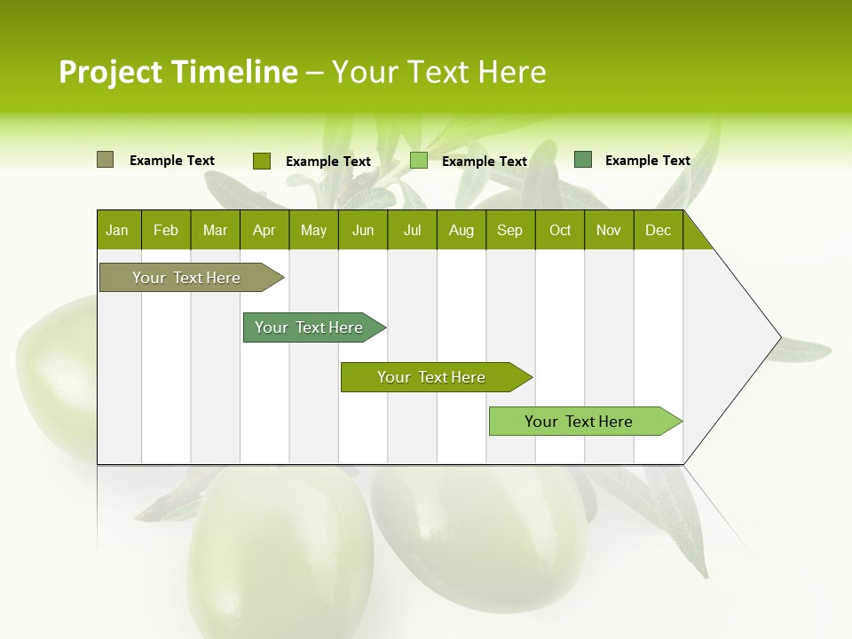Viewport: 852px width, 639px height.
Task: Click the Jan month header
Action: click(117, 230)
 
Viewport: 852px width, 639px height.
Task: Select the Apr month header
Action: click(264, 230)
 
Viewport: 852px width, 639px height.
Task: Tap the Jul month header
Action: click(412, 230)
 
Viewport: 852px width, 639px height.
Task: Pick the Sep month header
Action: click(509, 230)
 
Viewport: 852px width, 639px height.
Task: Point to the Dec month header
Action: click(658, 230)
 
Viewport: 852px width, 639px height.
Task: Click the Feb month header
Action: click(166, 230)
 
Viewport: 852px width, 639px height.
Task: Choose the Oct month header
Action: click(560, 230)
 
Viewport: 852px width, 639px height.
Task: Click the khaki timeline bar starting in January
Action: click(186, 278)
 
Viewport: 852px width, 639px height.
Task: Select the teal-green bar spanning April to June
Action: click(309, 327)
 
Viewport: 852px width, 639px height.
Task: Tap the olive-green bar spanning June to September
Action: click(431, 377)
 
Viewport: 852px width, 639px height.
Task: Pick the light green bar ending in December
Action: click(579, 422)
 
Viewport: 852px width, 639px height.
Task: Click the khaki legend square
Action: click(105, 160)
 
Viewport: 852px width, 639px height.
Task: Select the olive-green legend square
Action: click(261, 161)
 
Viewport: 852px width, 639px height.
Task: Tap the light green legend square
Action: click(419, 161)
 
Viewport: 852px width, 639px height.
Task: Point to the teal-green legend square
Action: click(582, 160)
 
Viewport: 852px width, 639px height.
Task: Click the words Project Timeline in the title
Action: click(177, 72)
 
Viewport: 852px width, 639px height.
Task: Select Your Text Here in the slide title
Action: click(438, 72)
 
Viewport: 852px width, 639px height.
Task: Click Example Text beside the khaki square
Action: click(172, 161)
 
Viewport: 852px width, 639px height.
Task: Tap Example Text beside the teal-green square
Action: click(648, 161)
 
